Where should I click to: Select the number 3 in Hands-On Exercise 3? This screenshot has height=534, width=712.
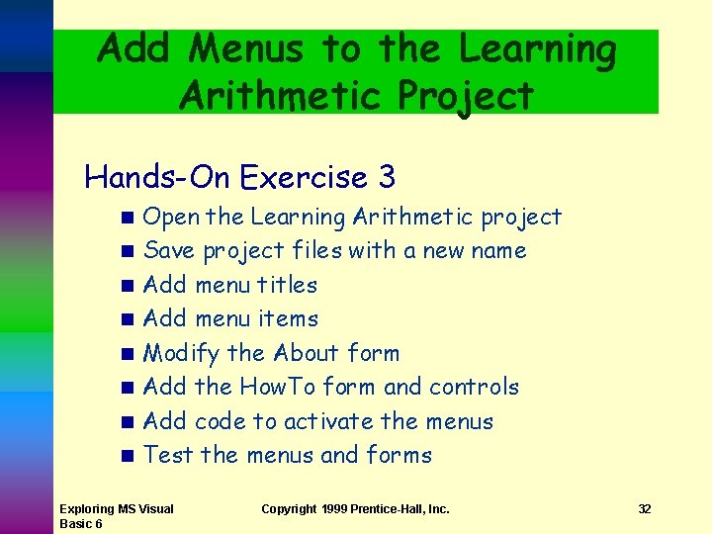pos(387,177)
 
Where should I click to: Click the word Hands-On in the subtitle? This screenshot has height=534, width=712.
pos(158,177)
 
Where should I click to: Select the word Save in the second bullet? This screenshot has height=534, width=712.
pos(169,251)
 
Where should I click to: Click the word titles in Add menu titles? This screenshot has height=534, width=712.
pos(287,285)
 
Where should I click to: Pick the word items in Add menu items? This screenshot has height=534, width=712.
pos(288,318)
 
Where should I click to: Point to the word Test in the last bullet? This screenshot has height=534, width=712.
pos(168,455)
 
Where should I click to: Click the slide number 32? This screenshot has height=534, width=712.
pos(644,509)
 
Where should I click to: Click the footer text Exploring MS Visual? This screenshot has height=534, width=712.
pos(117,509)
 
